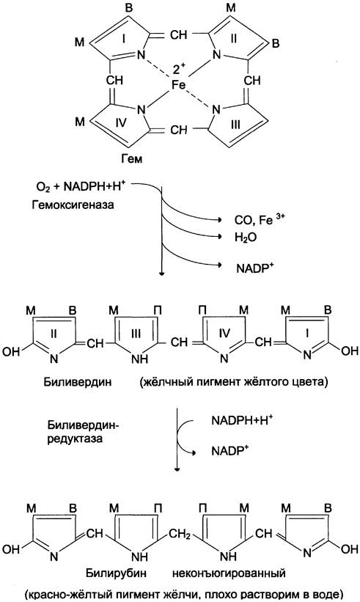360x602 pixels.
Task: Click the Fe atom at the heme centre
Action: coord(178,85)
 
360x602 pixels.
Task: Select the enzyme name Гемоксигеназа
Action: coord(73,205)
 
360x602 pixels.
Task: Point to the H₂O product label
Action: coord(246,238)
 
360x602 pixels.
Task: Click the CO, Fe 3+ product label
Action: coord(260,219)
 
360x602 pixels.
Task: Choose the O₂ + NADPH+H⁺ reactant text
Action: coord(81,186)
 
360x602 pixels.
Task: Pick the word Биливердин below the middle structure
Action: coord(78,382)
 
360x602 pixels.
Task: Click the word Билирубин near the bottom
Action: coord(116,573)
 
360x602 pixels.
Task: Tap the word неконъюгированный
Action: coord(229,573)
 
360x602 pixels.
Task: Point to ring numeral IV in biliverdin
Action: coord(224,333)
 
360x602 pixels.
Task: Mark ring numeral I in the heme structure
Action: coord(124,38)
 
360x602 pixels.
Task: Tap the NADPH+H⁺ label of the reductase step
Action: coord(242,420)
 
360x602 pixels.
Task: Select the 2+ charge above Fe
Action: coord(179,70)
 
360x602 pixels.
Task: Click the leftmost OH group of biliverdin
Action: coord(11,351)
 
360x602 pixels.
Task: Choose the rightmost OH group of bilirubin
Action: coord(350,548)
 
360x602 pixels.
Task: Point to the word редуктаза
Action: coord(76,438)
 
